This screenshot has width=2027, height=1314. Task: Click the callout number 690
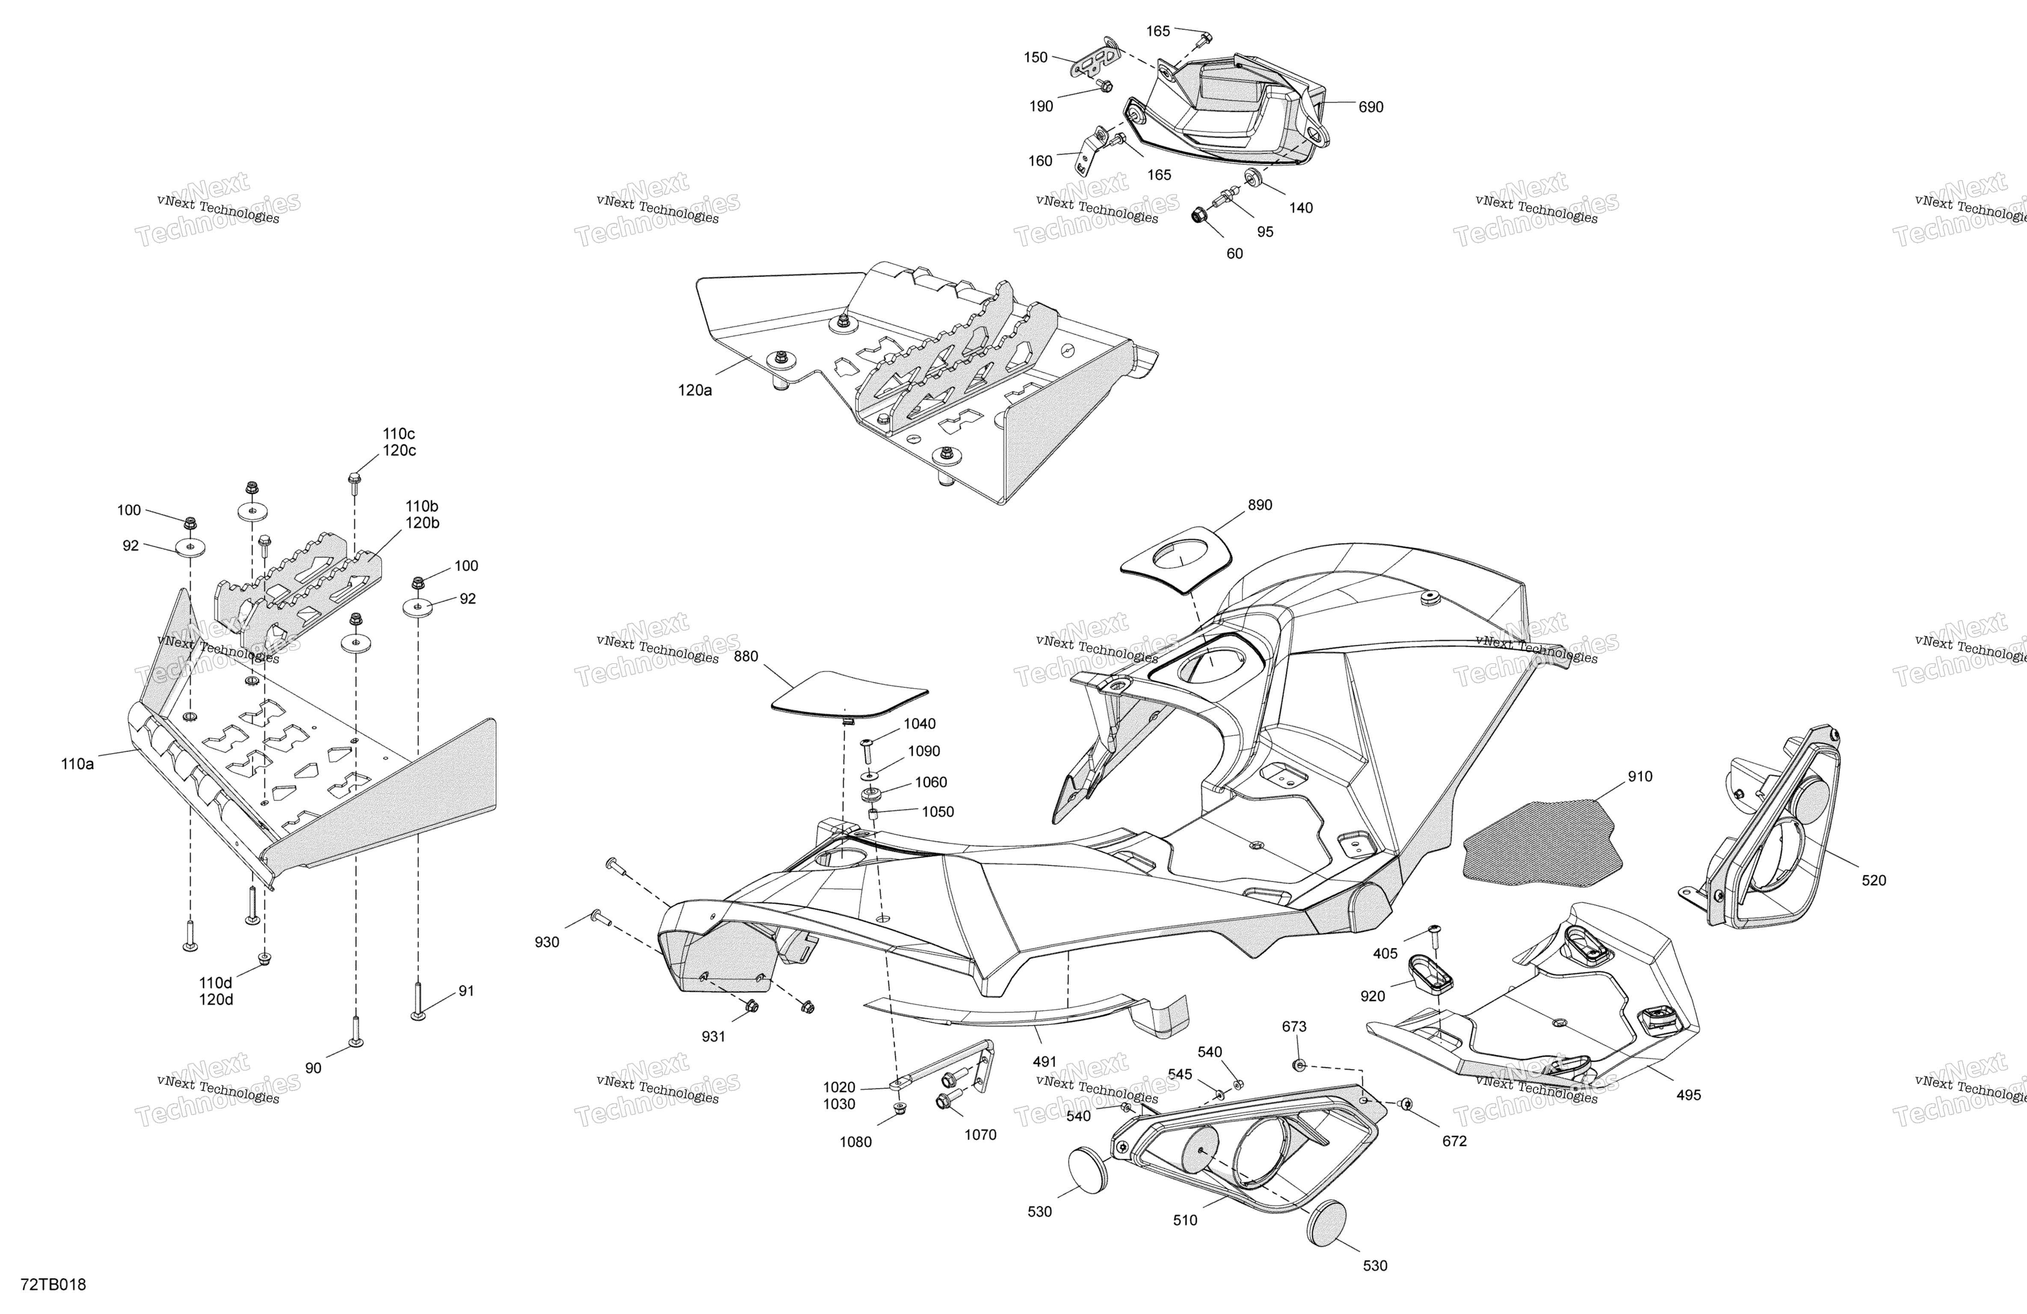(x=1370, y=107)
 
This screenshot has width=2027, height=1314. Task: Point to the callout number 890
(x=1260, y=505)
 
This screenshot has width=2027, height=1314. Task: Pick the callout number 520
(x=1874, y=880)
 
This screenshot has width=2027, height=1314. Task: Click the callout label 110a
(x=77, y=764)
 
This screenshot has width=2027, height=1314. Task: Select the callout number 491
(x=1044, y=1062)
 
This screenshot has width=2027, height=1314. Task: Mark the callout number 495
(x=1688, y=1095)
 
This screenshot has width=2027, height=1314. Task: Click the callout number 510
(x=1185, y=1220)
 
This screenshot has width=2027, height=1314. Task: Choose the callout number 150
(x=1036, y=58)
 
